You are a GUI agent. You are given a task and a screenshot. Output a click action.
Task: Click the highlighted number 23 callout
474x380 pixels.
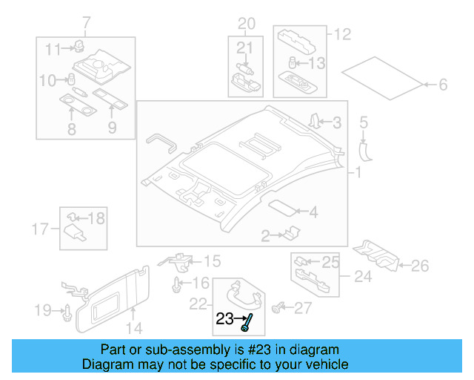pyautogui.click(x=224, y=320)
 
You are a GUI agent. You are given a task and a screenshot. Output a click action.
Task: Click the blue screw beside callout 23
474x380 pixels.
pyautogui.click(x=247, y=322)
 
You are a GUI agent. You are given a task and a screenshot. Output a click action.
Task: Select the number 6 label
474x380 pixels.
pyautogui.click(x=442, y=85)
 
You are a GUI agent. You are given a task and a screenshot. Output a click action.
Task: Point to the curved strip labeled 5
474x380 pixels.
pyautogui.click(x=364, y=148)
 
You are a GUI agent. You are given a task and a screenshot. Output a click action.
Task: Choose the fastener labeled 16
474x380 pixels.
pyautogui.click(x=177, y=284)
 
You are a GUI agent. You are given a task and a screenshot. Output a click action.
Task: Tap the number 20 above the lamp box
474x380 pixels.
pyautogui.click(x=245, y=22)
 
